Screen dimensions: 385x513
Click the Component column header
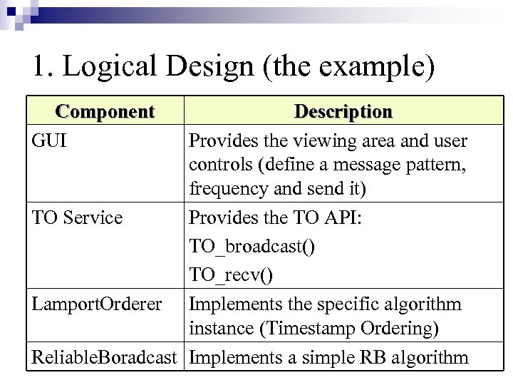105,112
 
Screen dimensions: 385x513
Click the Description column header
343,112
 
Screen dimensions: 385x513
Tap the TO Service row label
78,217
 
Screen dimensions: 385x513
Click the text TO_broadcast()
253,247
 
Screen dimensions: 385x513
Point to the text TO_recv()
232,275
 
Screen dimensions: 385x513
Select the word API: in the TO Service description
343,217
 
